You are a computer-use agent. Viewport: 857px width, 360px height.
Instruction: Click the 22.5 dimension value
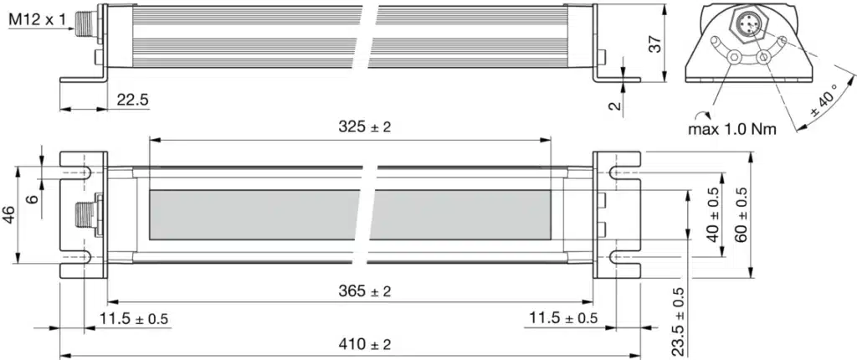pyautogui.click(x=132, y=100)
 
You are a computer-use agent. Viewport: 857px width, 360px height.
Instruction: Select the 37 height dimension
pyautogui.click(x=658, y=44)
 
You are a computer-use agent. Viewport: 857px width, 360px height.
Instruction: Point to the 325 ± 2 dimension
pyautogui.click(x=365, y=127)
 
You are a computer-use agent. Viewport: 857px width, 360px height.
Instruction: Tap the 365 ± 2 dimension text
pyautogui.click(x=365, y=291)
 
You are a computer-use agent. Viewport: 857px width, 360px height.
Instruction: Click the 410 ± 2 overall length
pyautogui.click(x=365, y=344)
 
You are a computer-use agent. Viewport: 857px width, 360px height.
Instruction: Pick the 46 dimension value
pyautogui.click(x=8, y=215)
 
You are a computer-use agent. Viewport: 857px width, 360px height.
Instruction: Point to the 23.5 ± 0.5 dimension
pyautogui.click(x=678, y=322)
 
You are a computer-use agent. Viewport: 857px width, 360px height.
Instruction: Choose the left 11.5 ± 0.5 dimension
pyautogui.click(x=134, y=318)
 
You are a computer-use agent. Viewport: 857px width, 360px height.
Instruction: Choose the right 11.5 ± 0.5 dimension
pyautogui.click(x=563, y=318)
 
